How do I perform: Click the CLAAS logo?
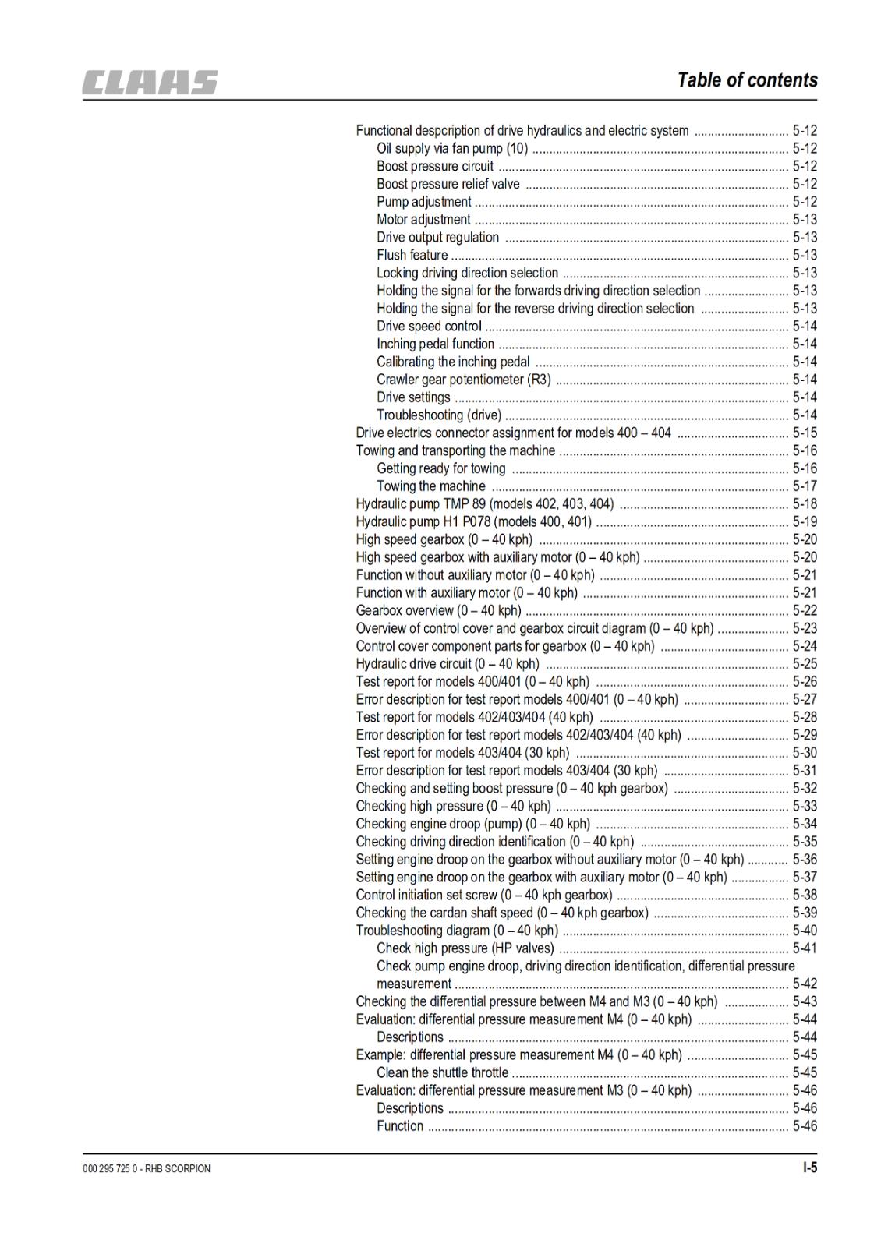pyautogui.click(x=150, y=82)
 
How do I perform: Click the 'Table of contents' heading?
pyautogui.click(x=747, y=79)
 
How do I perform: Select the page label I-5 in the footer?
pyautogui.click(x=809, y=1168)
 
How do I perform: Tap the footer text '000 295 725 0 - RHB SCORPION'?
pyautogui.click(x=146, y=1168)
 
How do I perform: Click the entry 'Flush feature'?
pyautogui.click(x=412, y=255)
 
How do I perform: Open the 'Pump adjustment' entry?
pyautogui.click(x=423, y=202)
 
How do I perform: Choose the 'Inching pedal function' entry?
pyautogui.click(x=435, y=344)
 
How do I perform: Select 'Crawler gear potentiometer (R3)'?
pyautogui.click(x=463, y=380)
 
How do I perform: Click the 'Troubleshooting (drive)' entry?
pyautogui.click(x=438, y=415)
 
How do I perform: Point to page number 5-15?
pyautogui.click(x=805, y=433)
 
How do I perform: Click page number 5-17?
pyautogui.click(x=805, y=486)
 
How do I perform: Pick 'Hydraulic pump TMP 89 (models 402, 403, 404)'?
pyautogui.click(x=484, y=504)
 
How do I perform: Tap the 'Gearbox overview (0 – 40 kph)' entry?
pyautogui.click(x=438, y=610)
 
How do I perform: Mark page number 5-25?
pyautogui.click(x=805, y=664)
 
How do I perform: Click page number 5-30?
pyautogui.click(x=805, y=753)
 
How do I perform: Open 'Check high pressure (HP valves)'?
pyautogui.click(x=465, y=948)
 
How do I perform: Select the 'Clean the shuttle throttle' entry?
pyautogui.click(x=442, y=1072)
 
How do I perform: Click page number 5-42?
pyautogui.click(x=805, y=984)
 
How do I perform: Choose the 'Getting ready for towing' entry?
pyautogui.click(x=440, y=468)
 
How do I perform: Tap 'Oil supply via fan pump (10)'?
pyautogui.click(x=452, y=148)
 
